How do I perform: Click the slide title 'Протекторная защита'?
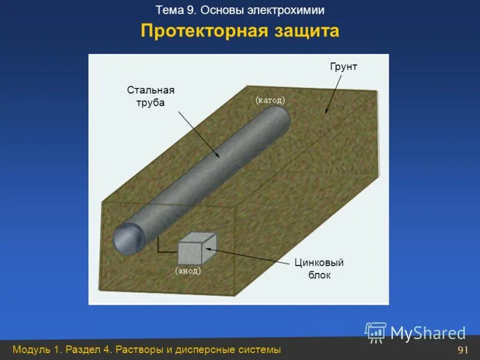(240, 31)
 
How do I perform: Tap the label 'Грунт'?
(343, 67)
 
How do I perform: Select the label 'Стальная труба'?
(150, 96)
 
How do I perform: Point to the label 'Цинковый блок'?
(319, 269)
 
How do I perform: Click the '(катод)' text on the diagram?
(270, 100)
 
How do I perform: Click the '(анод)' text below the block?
(188, 271)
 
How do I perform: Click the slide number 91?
(462, 350)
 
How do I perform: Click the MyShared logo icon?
(376, 332)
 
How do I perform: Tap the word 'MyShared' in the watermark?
(428, 333)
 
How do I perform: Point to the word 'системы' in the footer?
(258, 350)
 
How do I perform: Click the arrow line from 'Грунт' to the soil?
(334, 93)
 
